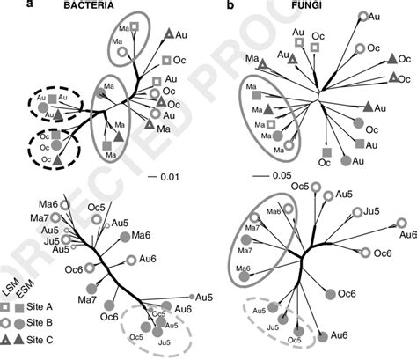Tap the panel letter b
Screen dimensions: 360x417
(x=231, y=7)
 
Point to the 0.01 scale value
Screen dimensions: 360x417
(x=169, y=177)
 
